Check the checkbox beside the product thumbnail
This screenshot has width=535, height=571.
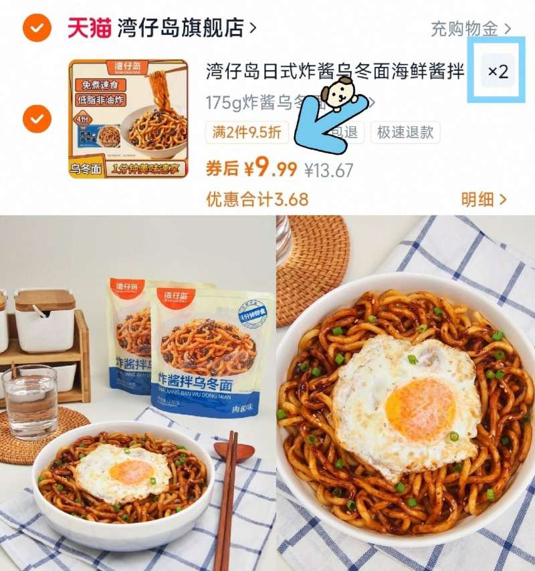point(37,119)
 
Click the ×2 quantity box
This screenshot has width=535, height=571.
point(498,72)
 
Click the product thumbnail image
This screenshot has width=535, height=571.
point(128,119)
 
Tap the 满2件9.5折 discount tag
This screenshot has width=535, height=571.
point(247,132)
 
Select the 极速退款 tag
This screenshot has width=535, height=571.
point(405,132)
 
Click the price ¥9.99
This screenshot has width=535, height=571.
point(270,169)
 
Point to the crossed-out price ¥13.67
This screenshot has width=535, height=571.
point(328,170)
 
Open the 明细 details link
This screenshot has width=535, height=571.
point(484,199)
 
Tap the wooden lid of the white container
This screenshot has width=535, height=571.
point(45,299)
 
